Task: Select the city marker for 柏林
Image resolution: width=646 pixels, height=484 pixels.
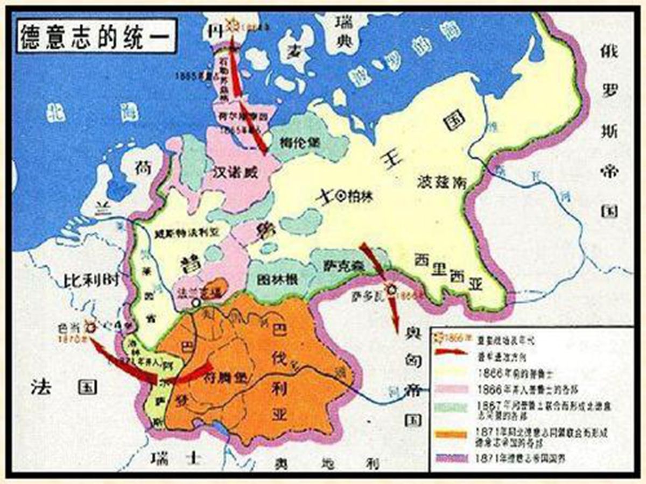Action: (340, 197)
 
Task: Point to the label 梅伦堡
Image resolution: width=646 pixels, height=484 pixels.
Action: (300, 143)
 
